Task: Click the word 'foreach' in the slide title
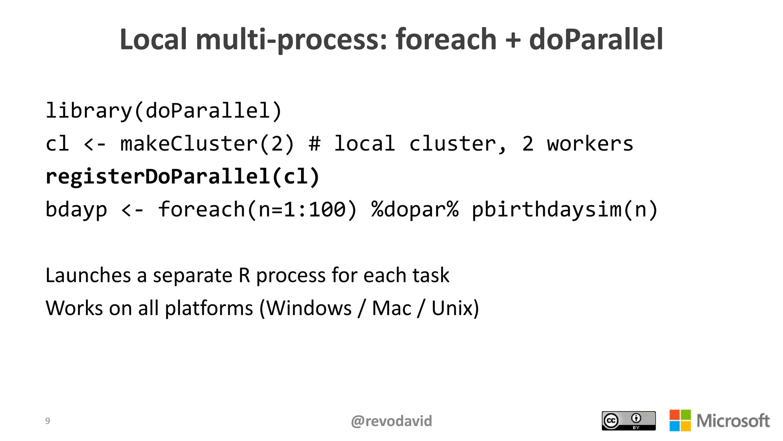(x=445, y=39)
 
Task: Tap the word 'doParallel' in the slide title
(x=596, y=39)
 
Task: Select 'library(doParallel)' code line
(x=164, y=111)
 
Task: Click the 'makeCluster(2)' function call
(x=207, y=144)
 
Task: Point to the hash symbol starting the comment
(x=314, y=144)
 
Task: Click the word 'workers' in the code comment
(x=590, y=144)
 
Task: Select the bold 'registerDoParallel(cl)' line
(x=182, y=177)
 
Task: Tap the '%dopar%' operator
(x=415, y=210)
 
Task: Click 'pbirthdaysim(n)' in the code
(x=565, y=210)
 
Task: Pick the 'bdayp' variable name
(x=76, y=210)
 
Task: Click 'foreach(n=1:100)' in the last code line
(x=257, y=210)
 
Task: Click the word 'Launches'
(x=88, y=275)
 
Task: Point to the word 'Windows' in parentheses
(x=309, y=308)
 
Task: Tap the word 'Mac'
(x=391, y=308)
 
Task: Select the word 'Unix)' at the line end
(x=455, y=308)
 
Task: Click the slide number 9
(x=47, y=421)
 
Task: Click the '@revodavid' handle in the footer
(x=391, y=421)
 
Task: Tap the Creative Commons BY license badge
(x=629, y=421)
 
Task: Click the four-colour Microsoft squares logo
(x=680, y=420)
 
